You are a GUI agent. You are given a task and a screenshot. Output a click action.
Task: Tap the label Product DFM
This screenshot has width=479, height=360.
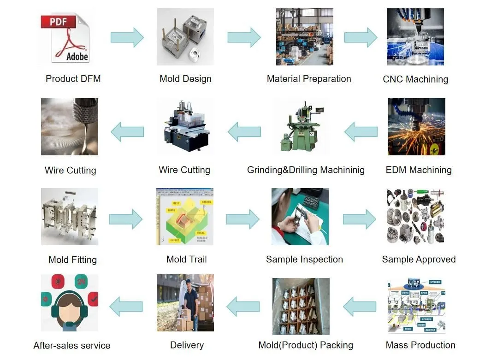[x=73, y=79]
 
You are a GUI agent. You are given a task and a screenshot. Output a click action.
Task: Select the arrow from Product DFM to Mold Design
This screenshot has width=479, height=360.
[x=127, y=37]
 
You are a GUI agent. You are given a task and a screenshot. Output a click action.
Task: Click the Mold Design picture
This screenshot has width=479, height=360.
[x=185, y=37]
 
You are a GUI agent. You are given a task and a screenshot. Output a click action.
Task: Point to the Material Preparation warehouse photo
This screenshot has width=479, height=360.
[x=304, y=37]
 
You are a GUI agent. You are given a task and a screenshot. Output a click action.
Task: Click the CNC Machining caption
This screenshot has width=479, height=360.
[x=415, y=79]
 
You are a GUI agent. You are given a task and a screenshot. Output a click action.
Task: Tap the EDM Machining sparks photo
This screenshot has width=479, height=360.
[x=416, y=127]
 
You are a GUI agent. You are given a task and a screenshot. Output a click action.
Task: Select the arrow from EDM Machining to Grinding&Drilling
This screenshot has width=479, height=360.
[x=361, y=132]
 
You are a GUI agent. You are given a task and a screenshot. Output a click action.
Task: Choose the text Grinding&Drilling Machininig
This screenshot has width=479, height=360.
[x=306, y=170]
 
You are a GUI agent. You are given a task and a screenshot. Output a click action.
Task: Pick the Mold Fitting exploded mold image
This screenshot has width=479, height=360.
[x=69, y=217]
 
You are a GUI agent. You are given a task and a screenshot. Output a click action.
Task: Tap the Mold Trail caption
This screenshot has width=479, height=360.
[x=186, y=260]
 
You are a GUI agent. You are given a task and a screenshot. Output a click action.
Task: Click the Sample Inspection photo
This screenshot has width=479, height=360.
[x=300, y=217]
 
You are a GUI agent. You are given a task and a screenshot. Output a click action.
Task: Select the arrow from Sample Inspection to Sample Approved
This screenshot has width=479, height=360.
[x=359, y=219]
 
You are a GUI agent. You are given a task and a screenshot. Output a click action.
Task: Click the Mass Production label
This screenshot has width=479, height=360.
[x=420, y=345]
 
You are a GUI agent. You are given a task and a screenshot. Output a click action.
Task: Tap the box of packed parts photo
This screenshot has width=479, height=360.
[x=301, y=306]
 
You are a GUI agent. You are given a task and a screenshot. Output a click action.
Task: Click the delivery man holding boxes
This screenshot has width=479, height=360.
[x=190, y=302]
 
